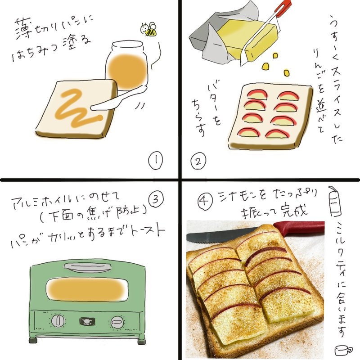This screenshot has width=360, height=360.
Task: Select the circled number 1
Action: point(155,161)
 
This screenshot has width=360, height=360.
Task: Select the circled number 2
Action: point(198,161)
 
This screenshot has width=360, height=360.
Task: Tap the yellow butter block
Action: point(248,41)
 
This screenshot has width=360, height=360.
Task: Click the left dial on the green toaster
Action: point(58,321)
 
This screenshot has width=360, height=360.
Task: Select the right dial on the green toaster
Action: point(117,322)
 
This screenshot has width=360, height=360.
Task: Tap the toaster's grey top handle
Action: point(87,267)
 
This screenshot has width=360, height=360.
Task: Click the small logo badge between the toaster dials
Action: point(87,321)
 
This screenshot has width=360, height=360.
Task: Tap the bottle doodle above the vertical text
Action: point(335,202)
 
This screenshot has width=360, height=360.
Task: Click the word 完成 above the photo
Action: point(295,210)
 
